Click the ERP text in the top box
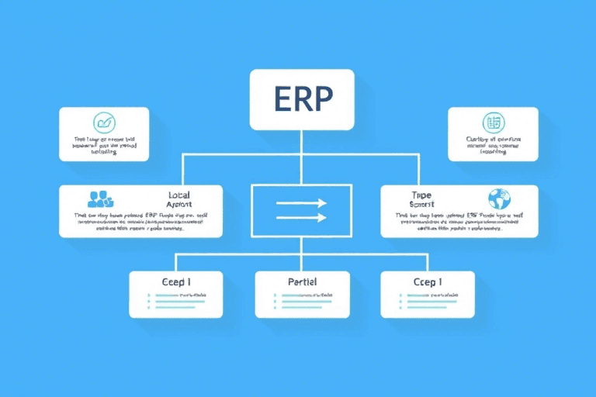click(302, 98)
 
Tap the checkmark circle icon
click(104, 123)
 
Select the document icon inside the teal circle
click(493, 123)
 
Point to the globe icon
click(499, 198)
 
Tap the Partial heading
click(301, 282)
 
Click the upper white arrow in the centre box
click(301, 203)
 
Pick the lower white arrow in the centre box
click(301, 218)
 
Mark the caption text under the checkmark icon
click(104, 146)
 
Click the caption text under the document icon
click(493, 146)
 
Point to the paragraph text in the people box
click(140, 223)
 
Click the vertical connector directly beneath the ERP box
click(302, 142)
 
